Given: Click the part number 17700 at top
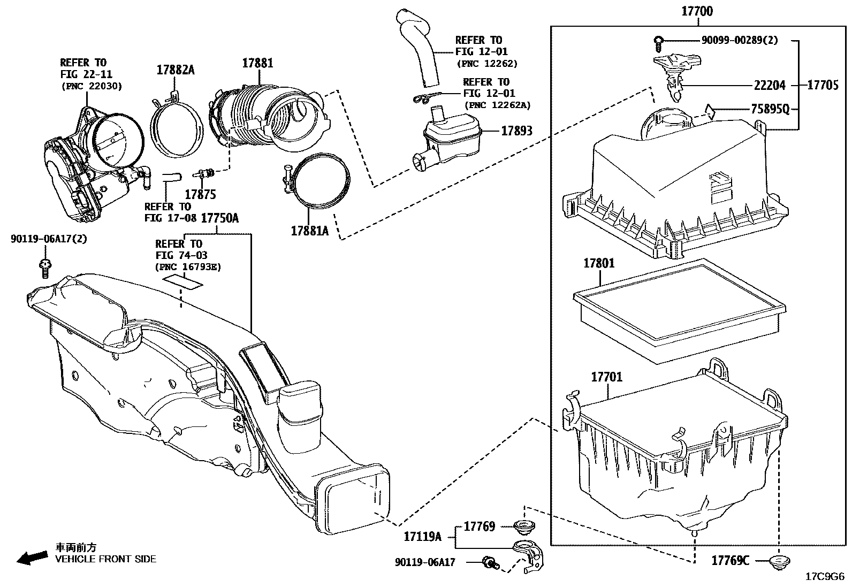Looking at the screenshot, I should (697, 11).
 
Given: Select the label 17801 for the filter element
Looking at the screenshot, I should (599, 263).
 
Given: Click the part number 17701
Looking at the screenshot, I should (606, 377).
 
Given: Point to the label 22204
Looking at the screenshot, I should (770, 85).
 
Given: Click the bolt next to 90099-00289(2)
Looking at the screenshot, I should (659, 40).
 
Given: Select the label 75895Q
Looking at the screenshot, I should (770, 109).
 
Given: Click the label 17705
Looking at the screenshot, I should (823, 85).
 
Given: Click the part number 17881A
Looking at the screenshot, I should (310, 231).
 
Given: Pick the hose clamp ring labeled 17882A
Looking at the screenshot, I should (178, 128).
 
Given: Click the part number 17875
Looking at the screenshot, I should (200, 195).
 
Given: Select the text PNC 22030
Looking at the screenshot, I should (92, 86).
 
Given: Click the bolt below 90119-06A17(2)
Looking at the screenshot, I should (45, 266).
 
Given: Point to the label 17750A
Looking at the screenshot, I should (220, 218).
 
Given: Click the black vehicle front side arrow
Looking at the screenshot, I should (31, 558).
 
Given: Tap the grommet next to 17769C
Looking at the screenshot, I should (775, 561).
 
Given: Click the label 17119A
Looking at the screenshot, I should (422, 536).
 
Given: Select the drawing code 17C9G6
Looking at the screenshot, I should (825, 577).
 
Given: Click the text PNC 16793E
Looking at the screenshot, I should (188, 267).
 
